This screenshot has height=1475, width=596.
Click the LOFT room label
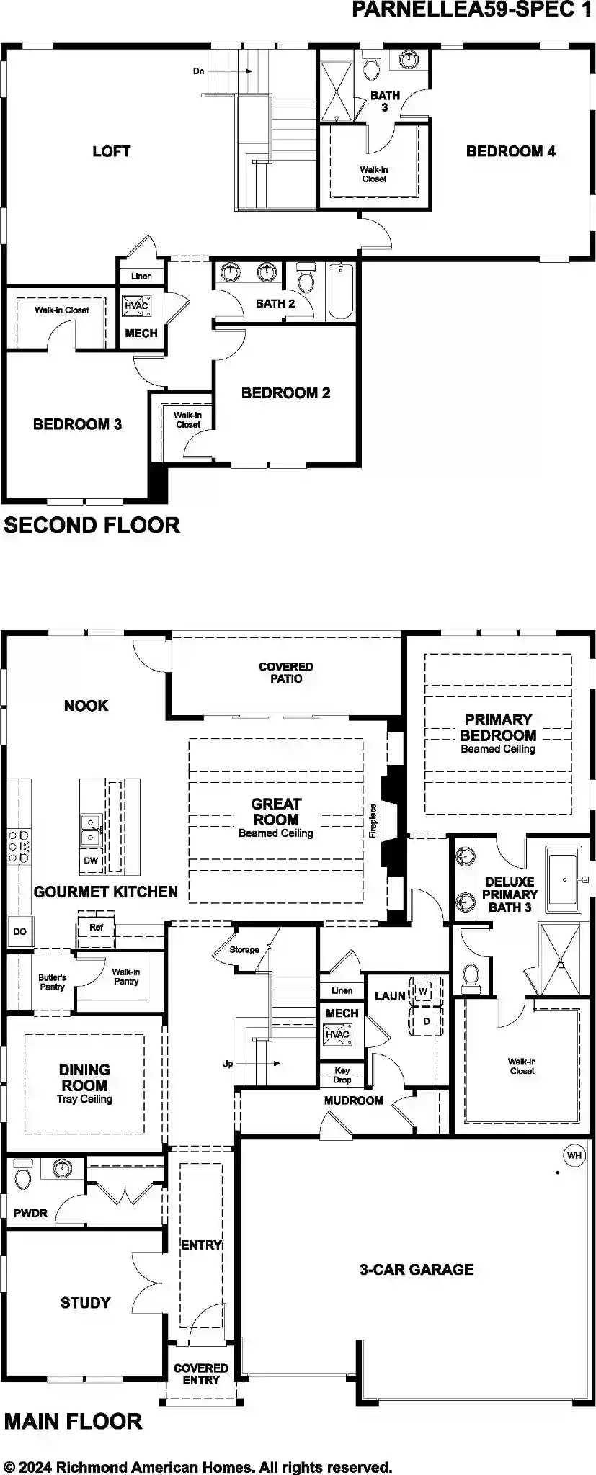pos(111,151)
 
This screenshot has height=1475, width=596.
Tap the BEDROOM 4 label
pos(510,151)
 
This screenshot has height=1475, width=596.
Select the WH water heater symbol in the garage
pos(574,1155)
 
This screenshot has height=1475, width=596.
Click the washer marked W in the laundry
pos(423,992)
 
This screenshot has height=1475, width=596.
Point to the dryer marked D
pos(425,1021)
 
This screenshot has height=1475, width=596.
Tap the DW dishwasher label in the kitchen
pos(91,861)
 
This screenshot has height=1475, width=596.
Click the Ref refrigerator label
pos(96,928)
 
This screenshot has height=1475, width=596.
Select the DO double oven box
pos(19,932)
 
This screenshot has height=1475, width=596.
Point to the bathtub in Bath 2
pos(341,292)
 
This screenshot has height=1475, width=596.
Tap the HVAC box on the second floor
pos(135,306)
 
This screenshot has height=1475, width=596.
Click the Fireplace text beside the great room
pos(373,820)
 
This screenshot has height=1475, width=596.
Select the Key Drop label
pos(342,1075)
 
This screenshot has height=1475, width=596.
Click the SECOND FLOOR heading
pos(92,525)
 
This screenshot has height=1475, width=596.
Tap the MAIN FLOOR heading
pos(73,1421)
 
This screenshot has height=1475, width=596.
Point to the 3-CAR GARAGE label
pos(417,1269)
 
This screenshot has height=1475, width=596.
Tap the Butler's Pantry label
pos(52,982)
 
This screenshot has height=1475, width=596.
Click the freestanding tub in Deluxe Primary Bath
pos(564,880)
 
